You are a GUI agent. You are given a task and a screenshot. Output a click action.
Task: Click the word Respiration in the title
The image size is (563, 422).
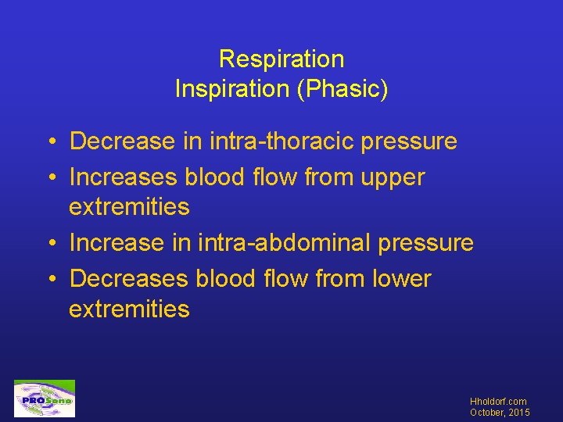[x=281, y=59]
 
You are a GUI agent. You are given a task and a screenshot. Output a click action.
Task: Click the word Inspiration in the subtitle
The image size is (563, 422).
[x=230, y=89]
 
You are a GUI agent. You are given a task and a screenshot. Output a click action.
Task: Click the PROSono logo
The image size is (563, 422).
[x=45, y=399]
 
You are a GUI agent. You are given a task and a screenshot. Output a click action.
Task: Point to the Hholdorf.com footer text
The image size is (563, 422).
[x=499, y=402]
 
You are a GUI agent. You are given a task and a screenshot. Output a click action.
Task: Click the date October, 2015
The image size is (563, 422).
[x=499, y=412]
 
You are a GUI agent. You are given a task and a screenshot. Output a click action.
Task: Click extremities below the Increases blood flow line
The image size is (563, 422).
[x=129, y=207]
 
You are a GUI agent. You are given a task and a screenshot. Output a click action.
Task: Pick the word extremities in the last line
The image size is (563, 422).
[x=129, y=309]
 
